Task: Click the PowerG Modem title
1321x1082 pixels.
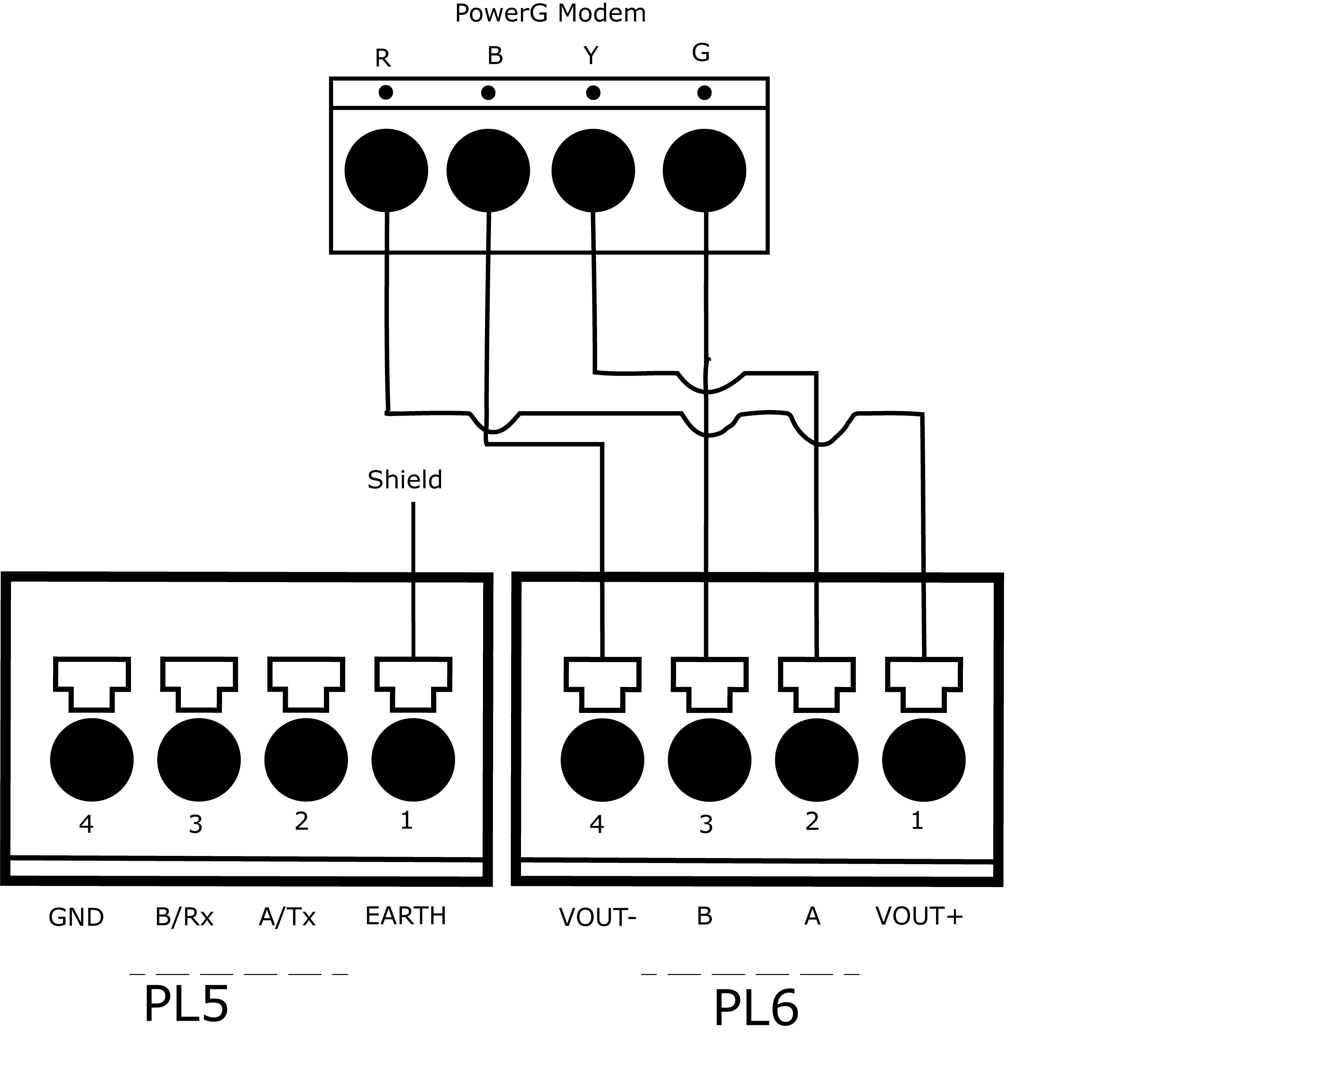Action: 550,13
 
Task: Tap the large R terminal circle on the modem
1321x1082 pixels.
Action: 386,171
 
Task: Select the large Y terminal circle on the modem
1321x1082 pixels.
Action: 593,171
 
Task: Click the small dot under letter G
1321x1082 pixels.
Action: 704,93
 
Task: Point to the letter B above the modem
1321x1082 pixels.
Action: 495,56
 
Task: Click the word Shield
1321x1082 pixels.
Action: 405,480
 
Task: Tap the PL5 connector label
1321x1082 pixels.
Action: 186,1004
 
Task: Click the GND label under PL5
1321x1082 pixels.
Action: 76,917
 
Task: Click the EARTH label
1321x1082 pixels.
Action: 405,916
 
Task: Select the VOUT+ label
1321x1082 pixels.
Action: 919,916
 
